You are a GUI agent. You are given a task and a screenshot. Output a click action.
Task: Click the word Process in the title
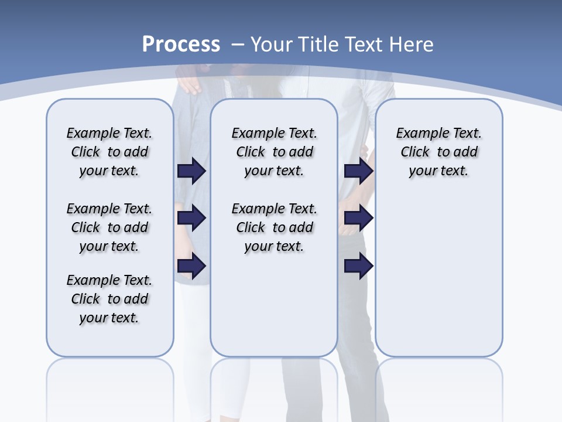click(181, 45)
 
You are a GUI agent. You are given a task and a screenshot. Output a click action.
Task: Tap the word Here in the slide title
click(413, 45)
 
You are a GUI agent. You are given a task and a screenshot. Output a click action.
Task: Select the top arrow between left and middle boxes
click(191, 171)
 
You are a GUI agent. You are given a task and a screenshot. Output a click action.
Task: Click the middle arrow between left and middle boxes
click(191, 218)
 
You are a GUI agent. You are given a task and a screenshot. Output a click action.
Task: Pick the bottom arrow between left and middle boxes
click(191, 266)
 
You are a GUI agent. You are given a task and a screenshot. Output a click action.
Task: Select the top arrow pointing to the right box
click(358, 171)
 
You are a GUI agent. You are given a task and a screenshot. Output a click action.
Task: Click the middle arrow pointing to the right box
click(358, 218)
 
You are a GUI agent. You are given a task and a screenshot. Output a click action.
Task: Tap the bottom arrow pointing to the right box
click(358, 266)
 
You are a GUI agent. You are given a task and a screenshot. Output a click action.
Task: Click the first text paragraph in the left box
click(109, 152)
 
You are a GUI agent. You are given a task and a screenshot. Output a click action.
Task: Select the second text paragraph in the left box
click(109, 227)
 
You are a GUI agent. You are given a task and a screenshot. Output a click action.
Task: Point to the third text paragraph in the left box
click(109, 299)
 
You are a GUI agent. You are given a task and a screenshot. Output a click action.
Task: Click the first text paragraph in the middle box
click(274, 152)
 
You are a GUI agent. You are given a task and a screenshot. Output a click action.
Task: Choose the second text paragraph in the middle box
click(274, 227)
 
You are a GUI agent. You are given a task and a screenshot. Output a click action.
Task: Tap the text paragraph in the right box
click(438, 152)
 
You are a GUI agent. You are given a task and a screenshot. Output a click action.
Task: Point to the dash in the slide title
click(238, 45)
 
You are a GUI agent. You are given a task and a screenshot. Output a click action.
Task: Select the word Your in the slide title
click(272, 45)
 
